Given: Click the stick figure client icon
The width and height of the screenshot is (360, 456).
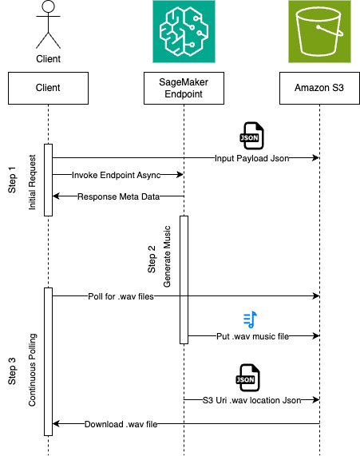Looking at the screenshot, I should (x=48, y=26).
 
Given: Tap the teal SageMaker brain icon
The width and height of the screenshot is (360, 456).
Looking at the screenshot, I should (x=184, y=32).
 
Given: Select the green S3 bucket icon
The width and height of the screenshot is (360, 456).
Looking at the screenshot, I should (x=319, y=32).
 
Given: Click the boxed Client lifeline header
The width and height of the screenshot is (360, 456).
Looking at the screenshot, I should (x=48, y=87).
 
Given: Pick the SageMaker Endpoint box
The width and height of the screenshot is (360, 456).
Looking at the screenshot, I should (x=184, y=87).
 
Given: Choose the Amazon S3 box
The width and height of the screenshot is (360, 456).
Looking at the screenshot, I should (x=319, y=87).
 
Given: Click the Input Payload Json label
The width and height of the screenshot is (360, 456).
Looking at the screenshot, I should (x=251, y=158).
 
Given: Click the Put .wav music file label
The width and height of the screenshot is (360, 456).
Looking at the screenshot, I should (x=251, y=337).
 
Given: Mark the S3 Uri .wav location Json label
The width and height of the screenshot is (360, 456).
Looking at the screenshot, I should (x=251, y=399).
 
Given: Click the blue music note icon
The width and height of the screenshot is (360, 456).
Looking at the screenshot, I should (x=251, y=319).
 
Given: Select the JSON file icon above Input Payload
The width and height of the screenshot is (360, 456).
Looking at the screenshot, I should (x=251, y=136).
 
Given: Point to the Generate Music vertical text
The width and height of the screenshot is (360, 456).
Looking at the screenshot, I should (x=168, y=259).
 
